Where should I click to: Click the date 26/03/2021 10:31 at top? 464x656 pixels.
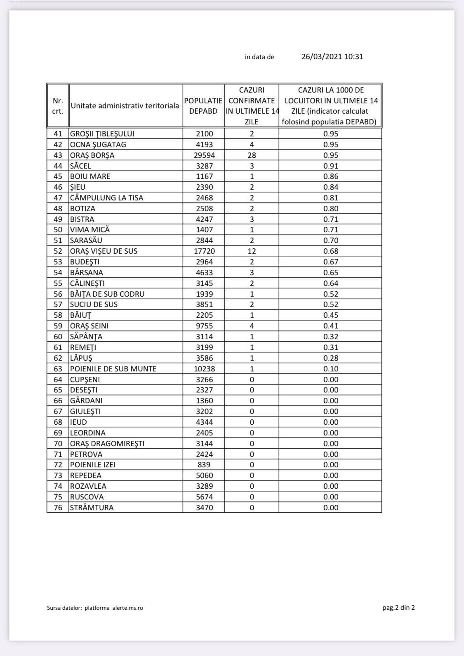[x=332, y=57]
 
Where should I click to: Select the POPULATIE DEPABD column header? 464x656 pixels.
[x=203, y=106]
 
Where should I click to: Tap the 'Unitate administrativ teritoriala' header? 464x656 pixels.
[x=125, y=106]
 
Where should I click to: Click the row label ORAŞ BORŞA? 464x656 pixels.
[x=92, y=155]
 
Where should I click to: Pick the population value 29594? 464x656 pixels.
[x=204, y=155]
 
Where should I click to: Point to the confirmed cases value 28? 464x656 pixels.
[x=252, y=155]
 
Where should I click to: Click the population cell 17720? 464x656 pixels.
[x=204, y=251]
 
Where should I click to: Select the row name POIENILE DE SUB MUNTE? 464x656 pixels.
[x=113, y=369]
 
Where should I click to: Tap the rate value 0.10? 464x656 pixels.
[x=331, y=369]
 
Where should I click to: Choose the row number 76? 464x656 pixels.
[x=58, y=508]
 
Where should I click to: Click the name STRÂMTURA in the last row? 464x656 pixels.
[x=92, y=508]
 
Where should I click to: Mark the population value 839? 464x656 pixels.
[x=204, y=465]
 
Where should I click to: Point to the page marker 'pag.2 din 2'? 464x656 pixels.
[x=398, y=607]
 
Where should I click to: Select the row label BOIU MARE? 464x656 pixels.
[x=90, y=176]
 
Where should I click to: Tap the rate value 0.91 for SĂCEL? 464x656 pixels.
[x=331, y=166]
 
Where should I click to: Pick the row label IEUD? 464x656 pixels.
[x=78, y=422]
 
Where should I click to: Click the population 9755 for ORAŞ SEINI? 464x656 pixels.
[x=204, y=326]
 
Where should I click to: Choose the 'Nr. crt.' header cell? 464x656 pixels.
[x=58, y=106]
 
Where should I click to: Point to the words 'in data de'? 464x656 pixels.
[x=259, y=57]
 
